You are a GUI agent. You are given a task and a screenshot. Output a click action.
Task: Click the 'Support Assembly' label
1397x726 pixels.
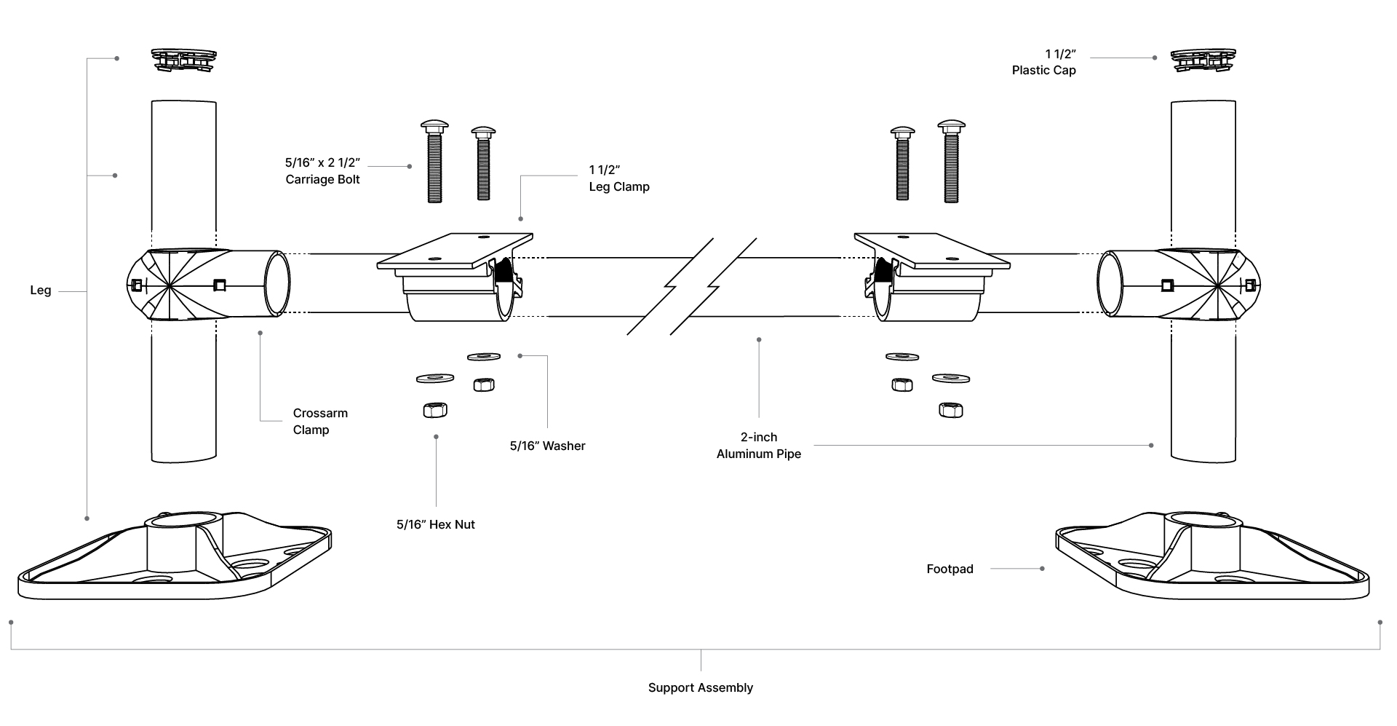coord(700,687)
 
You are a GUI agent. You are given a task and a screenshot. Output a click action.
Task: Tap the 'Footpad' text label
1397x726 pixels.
coord(950,569)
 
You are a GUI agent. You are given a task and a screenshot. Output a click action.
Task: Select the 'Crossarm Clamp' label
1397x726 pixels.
coord(320,421)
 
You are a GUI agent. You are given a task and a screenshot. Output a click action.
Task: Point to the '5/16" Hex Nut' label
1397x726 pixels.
coord(435,524)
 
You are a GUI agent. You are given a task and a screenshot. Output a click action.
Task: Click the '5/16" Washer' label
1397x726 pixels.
coord(547,446)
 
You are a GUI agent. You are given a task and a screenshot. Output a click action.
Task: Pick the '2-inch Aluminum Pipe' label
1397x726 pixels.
coord(758,445)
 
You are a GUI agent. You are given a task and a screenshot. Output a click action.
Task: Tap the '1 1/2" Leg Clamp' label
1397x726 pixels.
coord(618,178)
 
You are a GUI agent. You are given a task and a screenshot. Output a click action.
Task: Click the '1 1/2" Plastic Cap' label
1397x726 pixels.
coord(1043,62)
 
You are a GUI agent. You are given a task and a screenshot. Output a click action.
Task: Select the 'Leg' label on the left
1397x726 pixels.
coord(41,290)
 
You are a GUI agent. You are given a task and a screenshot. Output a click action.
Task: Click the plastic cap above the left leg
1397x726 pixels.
coord(184,59)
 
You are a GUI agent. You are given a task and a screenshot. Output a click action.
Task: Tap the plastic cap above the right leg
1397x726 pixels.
coord(1203,59)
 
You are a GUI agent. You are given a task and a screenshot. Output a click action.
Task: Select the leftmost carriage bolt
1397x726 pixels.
coord(434,162)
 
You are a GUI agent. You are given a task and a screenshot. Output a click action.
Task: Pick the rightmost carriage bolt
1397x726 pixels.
coord(951,162)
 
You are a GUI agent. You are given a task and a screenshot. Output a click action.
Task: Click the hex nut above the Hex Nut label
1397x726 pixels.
coord(435,409)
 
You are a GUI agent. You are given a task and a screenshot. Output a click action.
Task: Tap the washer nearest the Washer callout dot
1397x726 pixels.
coord(484,356)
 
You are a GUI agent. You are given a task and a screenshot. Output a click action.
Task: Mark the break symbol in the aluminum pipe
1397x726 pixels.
coord(691,286)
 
